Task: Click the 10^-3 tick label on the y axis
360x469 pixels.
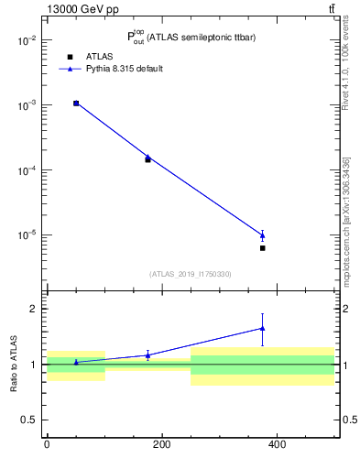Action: tap(27, 105)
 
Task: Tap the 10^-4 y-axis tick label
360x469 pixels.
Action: tap(27, 170)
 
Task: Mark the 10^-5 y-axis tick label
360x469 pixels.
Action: tap(27, 235)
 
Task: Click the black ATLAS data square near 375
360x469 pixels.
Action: tap(263, 248)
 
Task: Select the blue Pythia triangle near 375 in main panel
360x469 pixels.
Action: tap(263, 235)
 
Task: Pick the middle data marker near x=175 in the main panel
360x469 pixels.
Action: tap(147, 158)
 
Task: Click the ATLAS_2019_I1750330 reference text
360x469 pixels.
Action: tap(191, 274)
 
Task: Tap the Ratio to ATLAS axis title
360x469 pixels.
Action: tap(15, 364)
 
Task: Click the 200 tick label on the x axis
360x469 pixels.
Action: tap(162, 444)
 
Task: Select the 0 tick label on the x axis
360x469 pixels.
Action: tap(47, 444)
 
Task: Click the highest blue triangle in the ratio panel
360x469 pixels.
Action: tap(263, 328)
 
